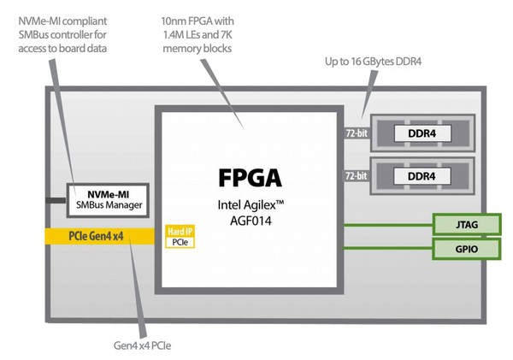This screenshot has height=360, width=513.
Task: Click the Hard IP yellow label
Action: tap(180, 232)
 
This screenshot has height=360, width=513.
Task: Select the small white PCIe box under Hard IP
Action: tap(180, 243)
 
